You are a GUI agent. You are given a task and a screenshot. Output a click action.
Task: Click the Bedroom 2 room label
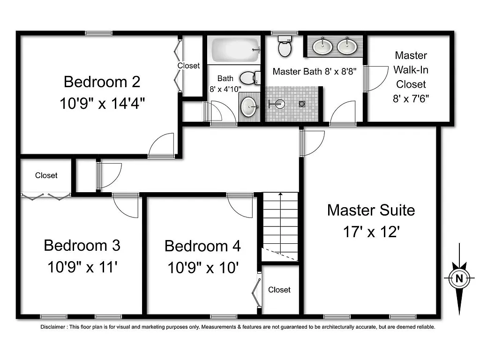(x=102, y=82)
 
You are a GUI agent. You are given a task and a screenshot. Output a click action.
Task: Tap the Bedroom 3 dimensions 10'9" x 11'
(x=82, y=267)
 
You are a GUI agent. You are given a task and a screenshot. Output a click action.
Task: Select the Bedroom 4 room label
(x=202, y=246)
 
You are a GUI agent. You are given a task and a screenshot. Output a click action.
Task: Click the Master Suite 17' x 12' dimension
(x=371, y=232)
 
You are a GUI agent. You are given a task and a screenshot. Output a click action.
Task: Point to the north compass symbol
(x=459, y=278)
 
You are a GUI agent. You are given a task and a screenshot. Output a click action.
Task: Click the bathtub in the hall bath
(x=234, y=50)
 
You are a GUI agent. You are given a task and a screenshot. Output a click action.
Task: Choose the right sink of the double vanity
(x=346, y=46)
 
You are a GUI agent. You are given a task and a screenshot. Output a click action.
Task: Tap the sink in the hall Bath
(x=249, y=106)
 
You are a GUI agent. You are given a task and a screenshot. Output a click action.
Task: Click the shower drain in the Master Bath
(x=302, y=104)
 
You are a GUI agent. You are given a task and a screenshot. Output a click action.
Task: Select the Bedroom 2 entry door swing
(x=162, y=146)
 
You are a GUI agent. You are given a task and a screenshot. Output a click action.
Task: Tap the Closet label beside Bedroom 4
(x=279, y=290)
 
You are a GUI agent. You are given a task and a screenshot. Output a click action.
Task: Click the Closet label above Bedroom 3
(x=46, y=175)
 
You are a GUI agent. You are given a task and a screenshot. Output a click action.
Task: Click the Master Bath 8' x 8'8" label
(x=314, y=72)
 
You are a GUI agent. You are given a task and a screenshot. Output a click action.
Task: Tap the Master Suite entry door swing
(x=313, y=142)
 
